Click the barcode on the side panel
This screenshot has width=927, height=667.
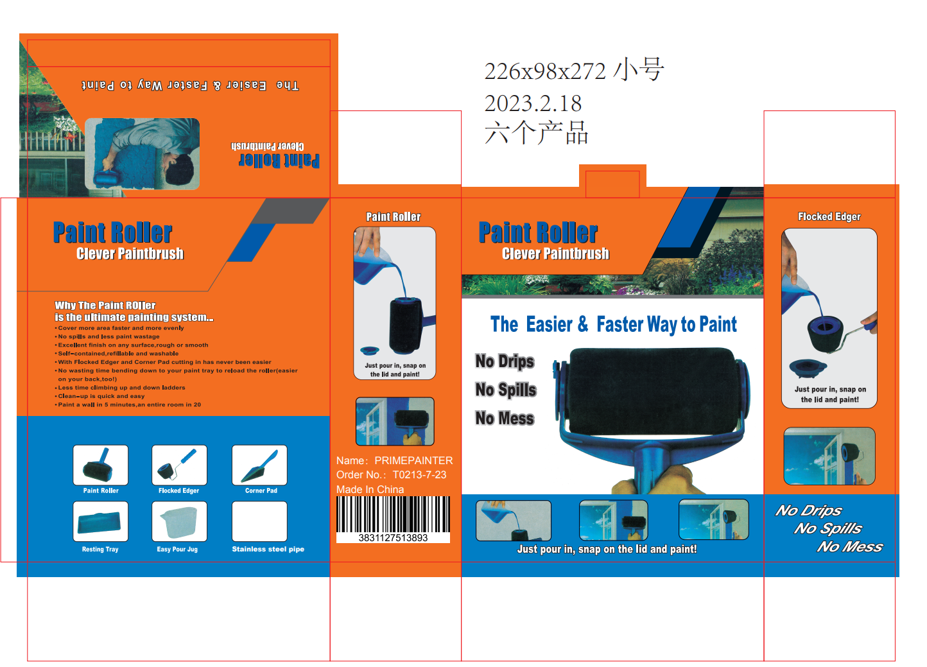pos(393,514)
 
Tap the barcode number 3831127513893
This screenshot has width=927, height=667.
pos(393,538)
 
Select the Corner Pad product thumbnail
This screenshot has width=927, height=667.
pos(259,465)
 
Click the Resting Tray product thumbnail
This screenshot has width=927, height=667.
pos(101,521)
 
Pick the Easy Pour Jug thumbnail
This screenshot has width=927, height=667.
pos(179,521)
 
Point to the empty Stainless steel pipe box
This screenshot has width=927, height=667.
pos(259,521)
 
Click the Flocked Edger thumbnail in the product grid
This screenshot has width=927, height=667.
pos(179,465)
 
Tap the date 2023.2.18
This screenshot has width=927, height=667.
pos(533,103)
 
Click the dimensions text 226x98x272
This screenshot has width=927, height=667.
pos(545,71)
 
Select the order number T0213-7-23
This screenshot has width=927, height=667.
pos(419,474)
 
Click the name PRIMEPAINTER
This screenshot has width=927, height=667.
pos(413,460)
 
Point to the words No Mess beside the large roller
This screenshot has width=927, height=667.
pos(505,419)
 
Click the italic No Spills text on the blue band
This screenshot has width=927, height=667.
pos(827,528)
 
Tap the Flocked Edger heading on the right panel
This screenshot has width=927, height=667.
pos(829,216)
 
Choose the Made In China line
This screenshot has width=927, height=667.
pos(370,489)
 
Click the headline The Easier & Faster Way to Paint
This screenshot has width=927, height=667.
pos(613,324)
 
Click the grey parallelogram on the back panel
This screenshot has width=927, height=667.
pos(290,211)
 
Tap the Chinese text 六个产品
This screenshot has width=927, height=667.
pos(536,133)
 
